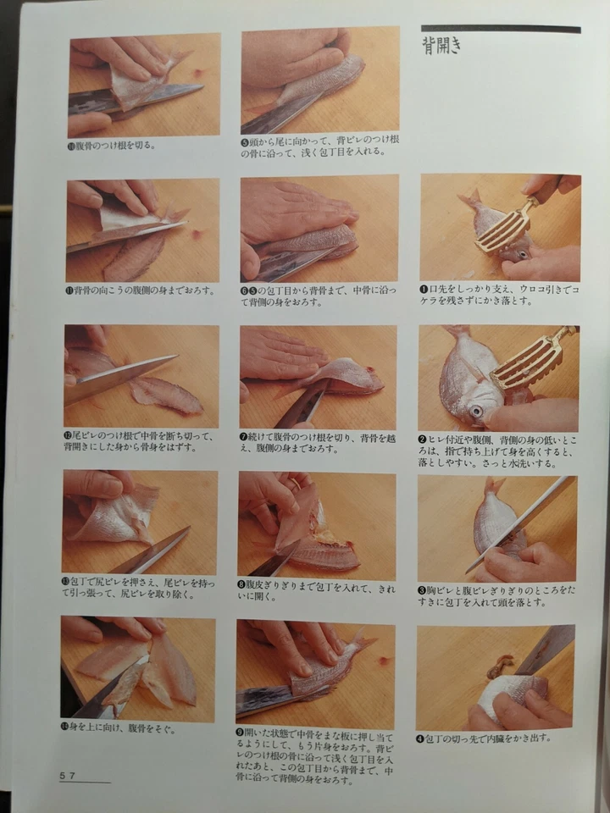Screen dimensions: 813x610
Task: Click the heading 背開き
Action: (x=441, y=46)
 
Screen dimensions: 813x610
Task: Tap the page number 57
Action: (x=68, y=775)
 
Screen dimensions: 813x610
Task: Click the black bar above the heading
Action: (x=500, y=29)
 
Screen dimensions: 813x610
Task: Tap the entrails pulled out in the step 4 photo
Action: (x=498, y=669)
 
